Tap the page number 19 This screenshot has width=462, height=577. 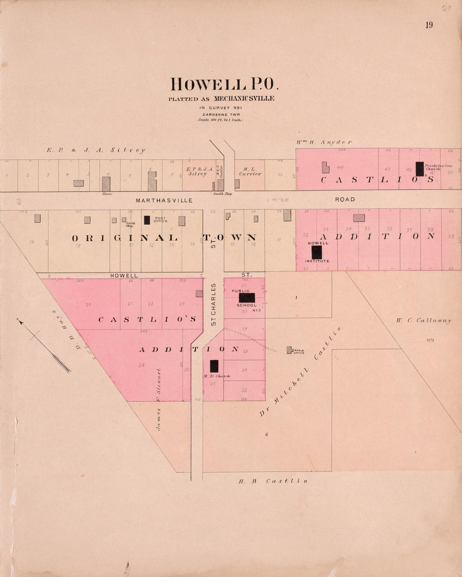tap(429, 25)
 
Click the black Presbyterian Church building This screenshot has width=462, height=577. tap(420, 169)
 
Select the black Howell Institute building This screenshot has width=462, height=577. tap(317, 252)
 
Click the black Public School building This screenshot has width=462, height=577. tap(247, 298)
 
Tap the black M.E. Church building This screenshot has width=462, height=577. tap(214, 366)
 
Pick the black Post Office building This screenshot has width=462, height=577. tap(147, 220)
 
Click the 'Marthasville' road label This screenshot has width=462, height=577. tap(164, 200)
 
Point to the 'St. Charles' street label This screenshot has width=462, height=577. tap(213, 304)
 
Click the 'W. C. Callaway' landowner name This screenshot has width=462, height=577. tap(423, 320)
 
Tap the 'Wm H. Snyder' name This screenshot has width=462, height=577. tap(324, 142)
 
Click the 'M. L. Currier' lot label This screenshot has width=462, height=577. tap(250, 171)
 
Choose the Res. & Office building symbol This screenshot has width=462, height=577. tap(289, 350)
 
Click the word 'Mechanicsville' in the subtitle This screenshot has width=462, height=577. tap(244, 99)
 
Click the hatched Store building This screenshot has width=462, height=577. tap(106, 184)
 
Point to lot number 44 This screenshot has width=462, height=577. tap(340, 168)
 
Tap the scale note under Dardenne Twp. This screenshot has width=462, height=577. tap(221, 120)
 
